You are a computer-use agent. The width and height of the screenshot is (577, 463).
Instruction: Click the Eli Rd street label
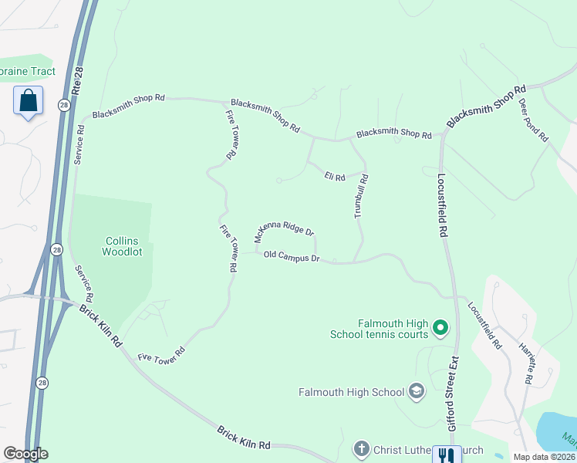pos(333,177)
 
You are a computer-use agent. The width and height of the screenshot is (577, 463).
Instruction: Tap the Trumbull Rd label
pos(361,196)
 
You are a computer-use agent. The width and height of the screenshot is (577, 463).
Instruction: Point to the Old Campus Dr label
pos(292,256)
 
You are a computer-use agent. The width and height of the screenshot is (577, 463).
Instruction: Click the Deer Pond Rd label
pos(533,120)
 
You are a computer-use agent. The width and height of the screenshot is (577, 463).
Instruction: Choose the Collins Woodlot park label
pos(123,246)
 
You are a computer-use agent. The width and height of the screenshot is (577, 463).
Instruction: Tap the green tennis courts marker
pos(440,330)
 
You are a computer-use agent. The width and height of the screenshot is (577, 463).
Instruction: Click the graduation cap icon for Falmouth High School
pos(417,392)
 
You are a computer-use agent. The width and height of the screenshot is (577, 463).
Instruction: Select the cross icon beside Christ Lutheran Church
pos(361,448)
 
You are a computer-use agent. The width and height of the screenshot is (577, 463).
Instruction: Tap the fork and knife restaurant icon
pos(446,455)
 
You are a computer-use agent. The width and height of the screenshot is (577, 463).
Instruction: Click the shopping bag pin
pos(28,101)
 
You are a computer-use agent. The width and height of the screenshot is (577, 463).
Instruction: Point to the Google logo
pos(25,454)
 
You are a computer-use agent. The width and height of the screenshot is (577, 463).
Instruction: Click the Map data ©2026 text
pos(545,457)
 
